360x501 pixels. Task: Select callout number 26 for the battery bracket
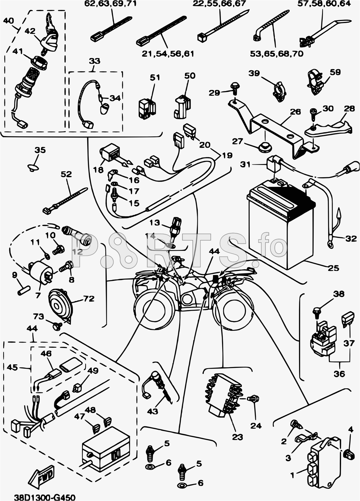[x=295, y=112]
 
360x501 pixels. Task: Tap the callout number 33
[x=94, y=61]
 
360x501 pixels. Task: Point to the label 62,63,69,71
[x=110, y=4]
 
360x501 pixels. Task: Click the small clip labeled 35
[x=34, y=167]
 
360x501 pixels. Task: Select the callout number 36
[x=339, y=374]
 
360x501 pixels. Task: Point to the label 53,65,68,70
[x=277, y=54]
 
